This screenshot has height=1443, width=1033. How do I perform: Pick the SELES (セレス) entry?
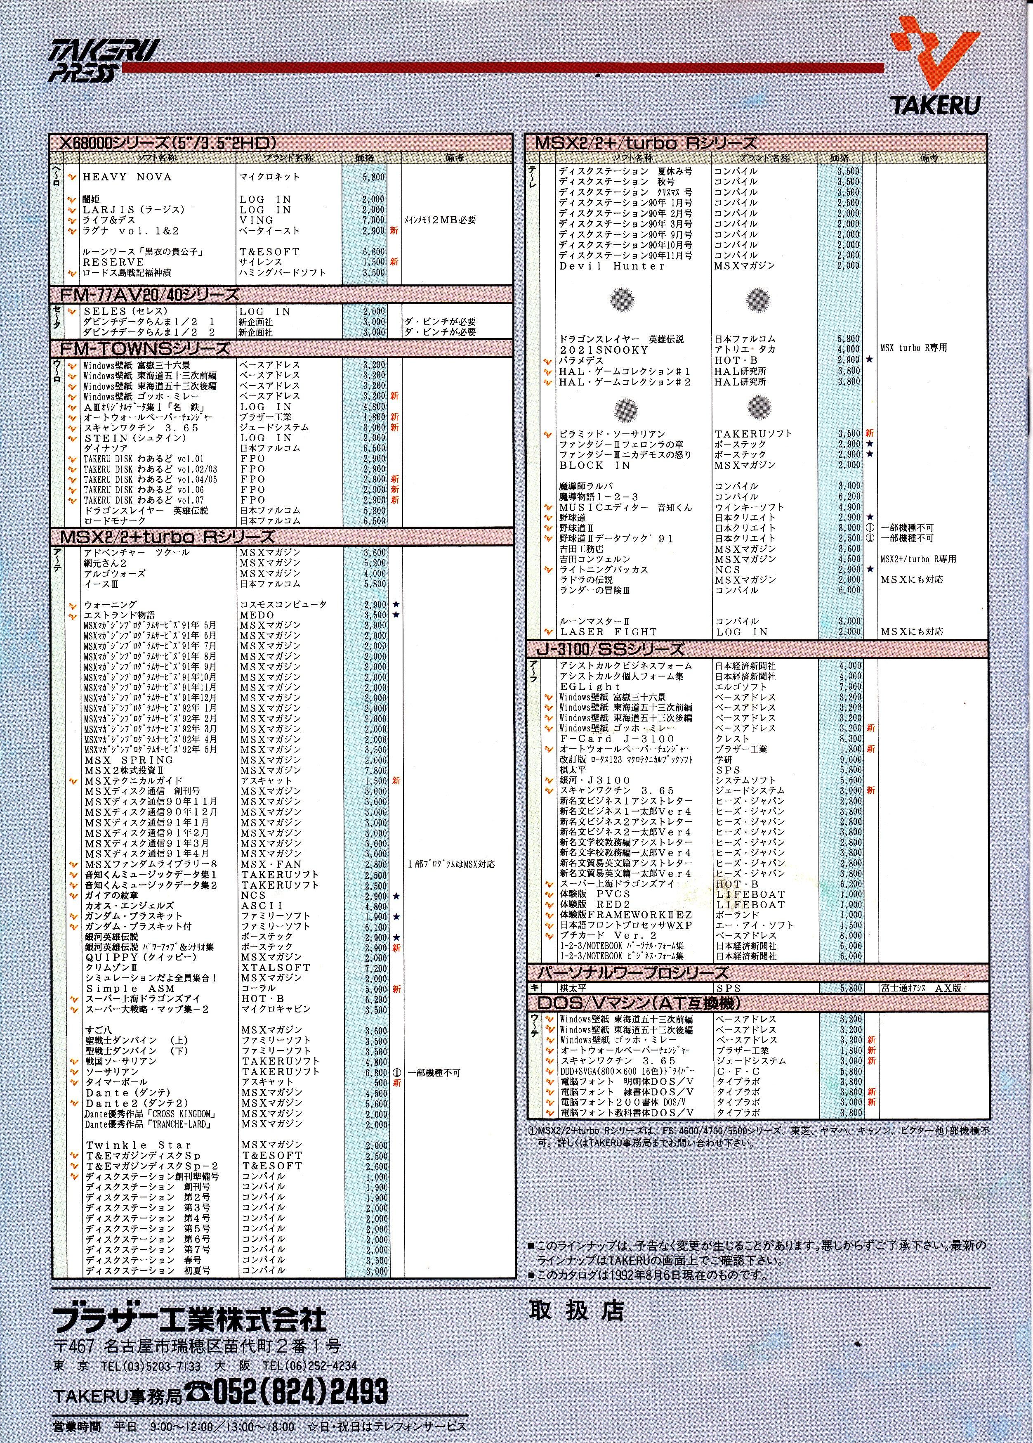point(125,311)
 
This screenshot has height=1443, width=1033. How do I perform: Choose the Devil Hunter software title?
point(612,266)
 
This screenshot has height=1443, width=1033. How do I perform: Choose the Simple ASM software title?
point(130,989)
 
